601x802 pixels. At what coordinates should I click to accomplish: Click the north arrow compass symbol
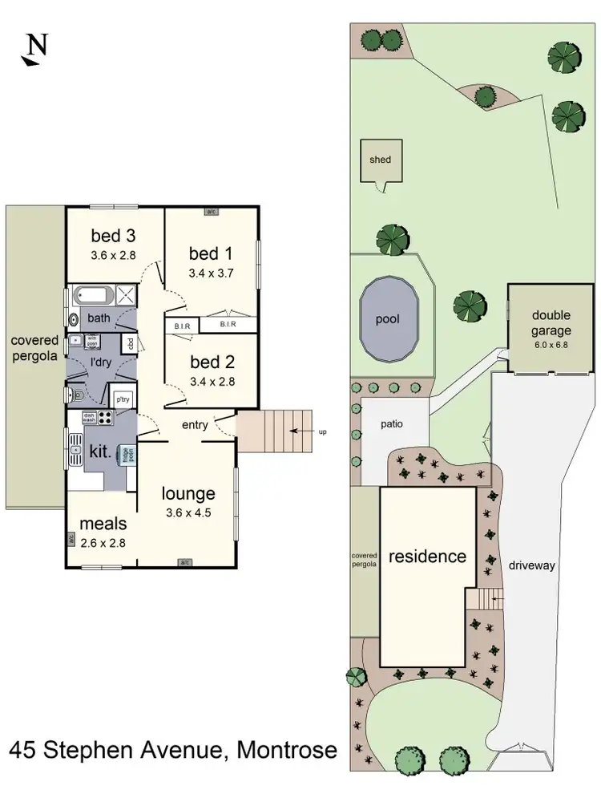[x=34, y=49]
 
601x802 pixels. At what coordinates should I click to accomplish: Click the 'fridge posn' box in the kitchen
[x=126, y=454]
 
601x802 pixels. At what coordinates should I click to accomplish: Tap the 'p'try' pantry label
[x=123, y=399]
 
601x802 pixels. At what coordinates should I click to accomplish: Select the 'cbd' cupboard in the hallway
[x=128, y=344]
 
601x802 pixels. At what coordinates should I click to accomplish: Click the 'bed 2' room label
[x=211, y=363]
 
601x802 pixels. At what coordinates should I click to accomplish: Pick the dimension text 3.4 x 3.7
[x=211, y=273]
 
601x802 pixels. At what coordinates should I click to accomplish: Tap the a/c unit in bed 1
[x=212, y=212]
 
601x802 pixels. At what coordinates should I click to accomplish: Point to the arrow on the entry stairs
[x=300, y=431]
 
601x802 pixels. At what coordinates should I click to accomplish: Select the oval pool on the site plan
[x=389, y=319]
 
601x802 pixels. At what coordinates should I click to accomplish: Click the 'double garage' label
[x=551, y=322]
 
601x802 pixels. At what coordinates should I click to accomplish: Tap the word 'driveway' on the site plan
[x=531, y=565]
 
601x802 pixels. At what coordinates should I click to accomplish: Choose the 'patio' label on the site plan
[x=391, y=425]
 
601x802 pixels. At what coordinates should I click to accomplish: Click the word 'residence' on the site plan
[x=426, y=556]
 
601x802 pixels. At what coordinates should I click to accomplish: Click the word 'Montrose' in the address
[x=287, y=751]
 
